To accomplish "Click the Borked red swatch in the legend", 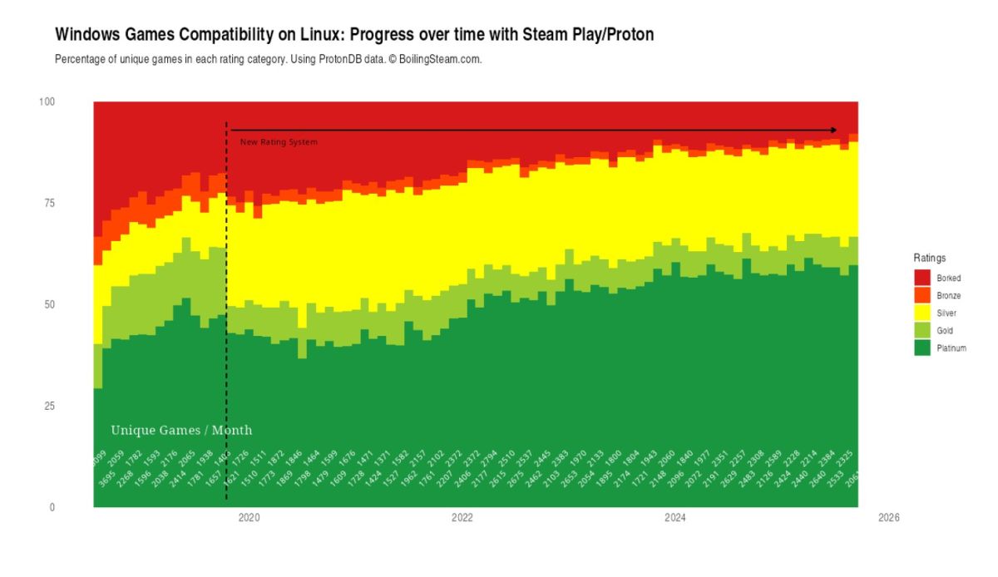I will tap(921, 278).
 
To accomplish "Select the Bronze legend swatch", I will tap(921, 295).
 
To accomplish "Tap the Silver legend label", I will tap(946, 313).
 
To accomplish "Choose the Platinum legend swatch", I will tap(921, 348).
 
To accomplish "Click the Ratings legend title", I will tap(929, 258).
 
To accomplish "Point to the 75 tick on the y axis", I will tap(47, 203).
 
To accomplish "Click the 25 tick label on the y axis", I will tap(47, 406).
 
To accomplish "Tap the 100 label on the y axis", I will tap(47, 101).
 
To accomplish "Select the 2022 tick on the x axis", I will tap(462, 517).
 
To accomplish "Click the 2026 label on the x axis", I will tap(888, 517).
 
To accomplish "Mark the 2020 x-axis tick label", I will tap(249, 517).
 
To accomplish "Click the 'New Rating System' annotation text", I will tap(279, 142).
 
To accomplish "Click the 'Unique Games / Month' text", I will tap(181, 430).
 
